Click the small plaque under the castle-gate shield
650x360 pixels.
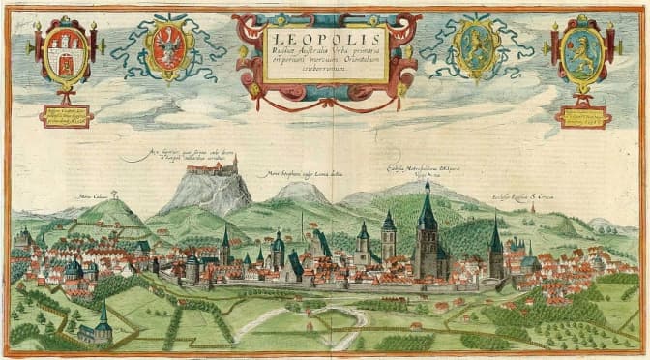(x=65, y=116)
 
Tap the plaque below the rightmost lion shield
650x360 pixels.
(x=583, y=116)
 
